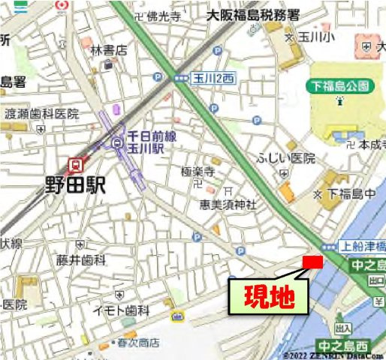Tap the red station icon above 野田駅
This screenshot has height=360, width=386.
click(x=75, y=164)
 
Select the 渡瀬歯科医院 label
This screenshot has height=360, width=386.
click(x=41, y=114)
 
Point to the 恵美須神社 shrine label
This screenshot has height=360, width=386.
click(x=228, y=204)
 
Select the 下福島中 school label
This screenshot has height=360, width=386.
click(x=354, y=194)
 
